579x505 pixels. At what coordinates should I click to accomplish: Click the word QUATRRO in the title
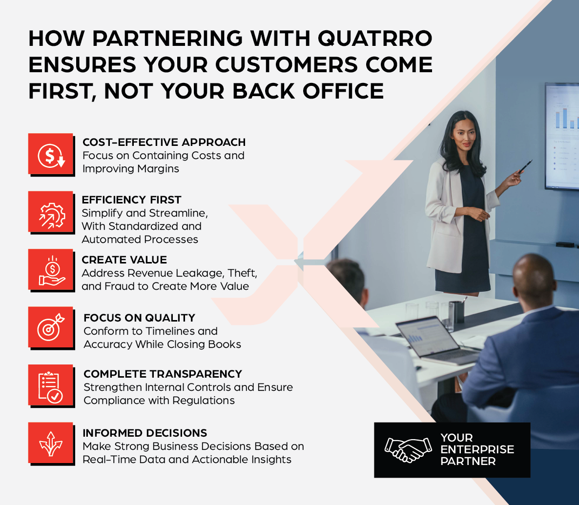[x=375, y=39]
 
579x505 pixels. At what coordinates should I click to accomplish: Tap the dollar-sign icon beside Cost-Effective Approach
[x=51, y=155]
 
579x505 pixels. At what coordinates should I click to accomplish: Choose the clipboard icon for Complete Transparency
[x=51, y=386]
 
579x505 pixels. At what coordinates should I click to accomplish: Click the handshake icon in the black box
[x=408, y=450]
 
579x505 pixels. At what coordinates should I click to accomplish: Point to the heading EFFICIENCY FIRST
[x=131, y=200]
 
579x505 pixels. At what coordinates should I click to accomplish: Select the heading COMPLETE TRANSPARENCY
[x=163, y=374]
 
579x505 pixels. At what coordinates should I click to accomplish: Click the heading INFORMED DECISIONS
[x=145, y=433]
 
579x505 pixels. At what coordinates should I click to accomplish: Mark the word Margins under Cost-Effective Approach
[x=158, y=169]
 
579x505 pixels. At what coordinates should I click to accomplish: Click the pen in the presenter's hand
[x=525, y=166]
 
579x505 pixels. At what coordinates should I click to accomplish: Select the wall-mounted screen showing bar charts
[x=562, y=136]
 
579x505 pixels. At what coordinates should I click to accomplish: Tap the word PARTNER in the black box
[x=468, y=461]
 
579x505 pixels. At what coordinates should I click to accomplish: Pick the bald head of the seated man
[x=534, y=277]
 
